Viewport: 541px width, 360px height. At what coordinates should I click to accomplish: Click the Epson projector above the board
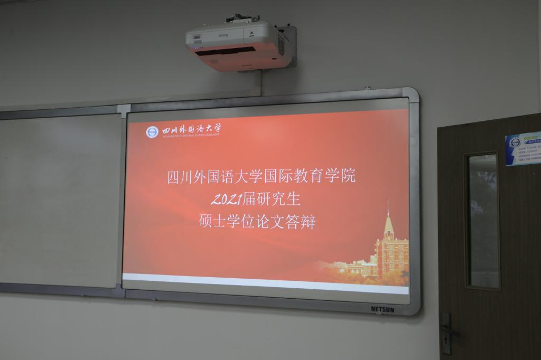click(238, 45)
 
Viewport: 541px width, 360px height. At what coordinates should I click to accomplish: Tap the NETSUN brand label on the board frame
click(382, 309)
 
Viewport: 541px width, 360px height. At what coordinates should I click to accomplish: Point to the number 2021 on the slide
click(226, 200)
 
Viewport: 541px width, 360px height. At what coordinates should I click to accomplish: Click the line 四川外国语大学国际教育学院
click(261, 176)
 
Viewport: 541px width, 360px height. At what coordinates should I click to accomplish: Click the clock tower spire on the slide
click(388, 211)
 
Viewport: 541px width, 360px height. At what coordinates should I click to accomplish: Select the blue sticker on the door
click(523, 148)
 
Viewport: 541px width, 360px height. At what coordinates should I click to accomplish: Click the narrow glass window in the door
click(482, 221)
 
